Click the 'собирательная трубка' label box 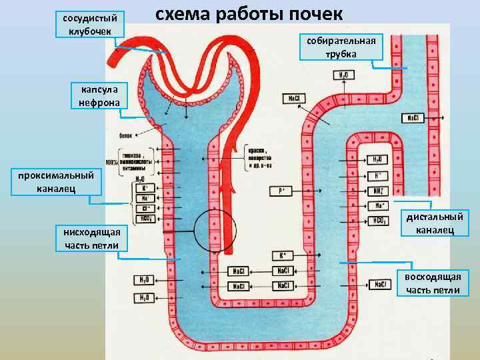(x=341, y=47)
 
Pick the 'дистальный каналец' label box (x=435, y=223)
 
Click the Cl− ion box (x=145, y=207)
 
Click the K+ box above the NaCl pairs (x=281, y=255)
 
